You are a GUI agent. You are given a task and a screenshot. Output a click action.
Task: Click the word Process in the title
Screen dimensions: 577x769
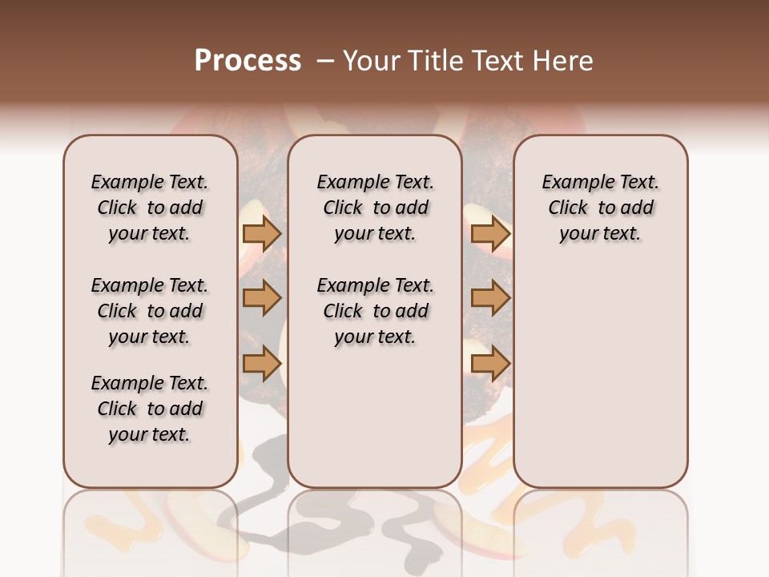coord(248,61)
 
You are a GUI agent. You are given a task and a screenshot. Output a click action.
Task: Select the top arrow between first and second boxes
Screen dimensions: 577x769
coord(262,234)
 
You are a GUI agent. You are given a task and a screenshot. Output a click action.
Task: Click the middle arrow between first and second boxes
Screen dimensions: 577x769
coord(262,298)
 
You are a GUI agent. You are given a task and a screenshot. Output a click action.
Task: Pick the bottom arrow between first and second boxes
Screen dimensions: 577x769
coord(262,364)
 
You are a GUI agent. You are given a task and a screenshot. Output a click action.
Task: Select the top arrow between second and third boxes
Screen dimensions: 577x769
coord(490,234)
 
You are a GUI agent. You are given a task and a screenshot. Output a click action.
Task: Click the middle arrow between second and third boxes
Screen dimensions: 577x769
coord(490,298)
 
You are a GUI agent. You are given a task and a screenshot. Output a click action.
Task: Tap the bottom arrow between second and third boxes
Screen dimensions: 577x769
coord(490,364)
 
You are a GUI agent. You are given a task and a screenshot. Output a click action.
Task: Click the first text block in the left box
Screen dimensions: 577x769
coord(150,208)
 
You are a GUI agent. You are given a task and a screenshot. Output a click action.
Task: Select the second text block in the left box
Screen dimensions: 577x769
coord(150,311)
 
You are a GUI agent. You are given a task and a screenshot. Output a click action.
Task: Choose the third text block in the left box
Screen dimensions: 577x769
coord(150,409)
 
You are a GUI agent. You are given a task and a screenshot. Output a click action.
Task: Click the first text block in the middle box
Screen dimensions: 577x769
coord(375,208)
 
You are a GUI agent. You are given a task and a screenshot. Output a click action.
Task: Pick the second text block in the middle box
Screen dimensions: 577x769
coord(375,311)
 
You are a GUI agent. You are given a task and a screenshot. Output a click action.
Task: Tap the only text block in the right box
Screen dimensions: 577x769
coord(600,208)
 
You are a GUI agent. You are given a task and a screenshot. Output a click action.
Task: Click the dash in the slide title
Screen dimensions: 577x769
coord(325,61)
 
